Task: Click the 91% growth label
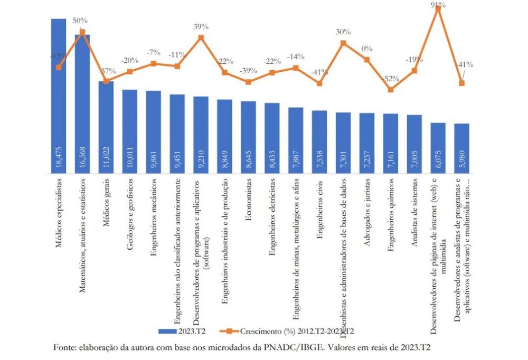point(438,5)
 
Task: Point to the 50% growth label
point(80,21)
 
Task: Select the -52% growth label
point(391,79)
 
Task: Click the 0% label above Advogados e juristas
point(367,49)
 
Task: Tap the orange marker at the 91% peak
point(438,9)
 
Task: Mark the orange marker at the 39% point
point(201,37)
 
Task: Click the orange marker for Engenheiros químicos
point(391,90)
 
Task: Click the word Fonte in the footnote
point(64,347)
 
